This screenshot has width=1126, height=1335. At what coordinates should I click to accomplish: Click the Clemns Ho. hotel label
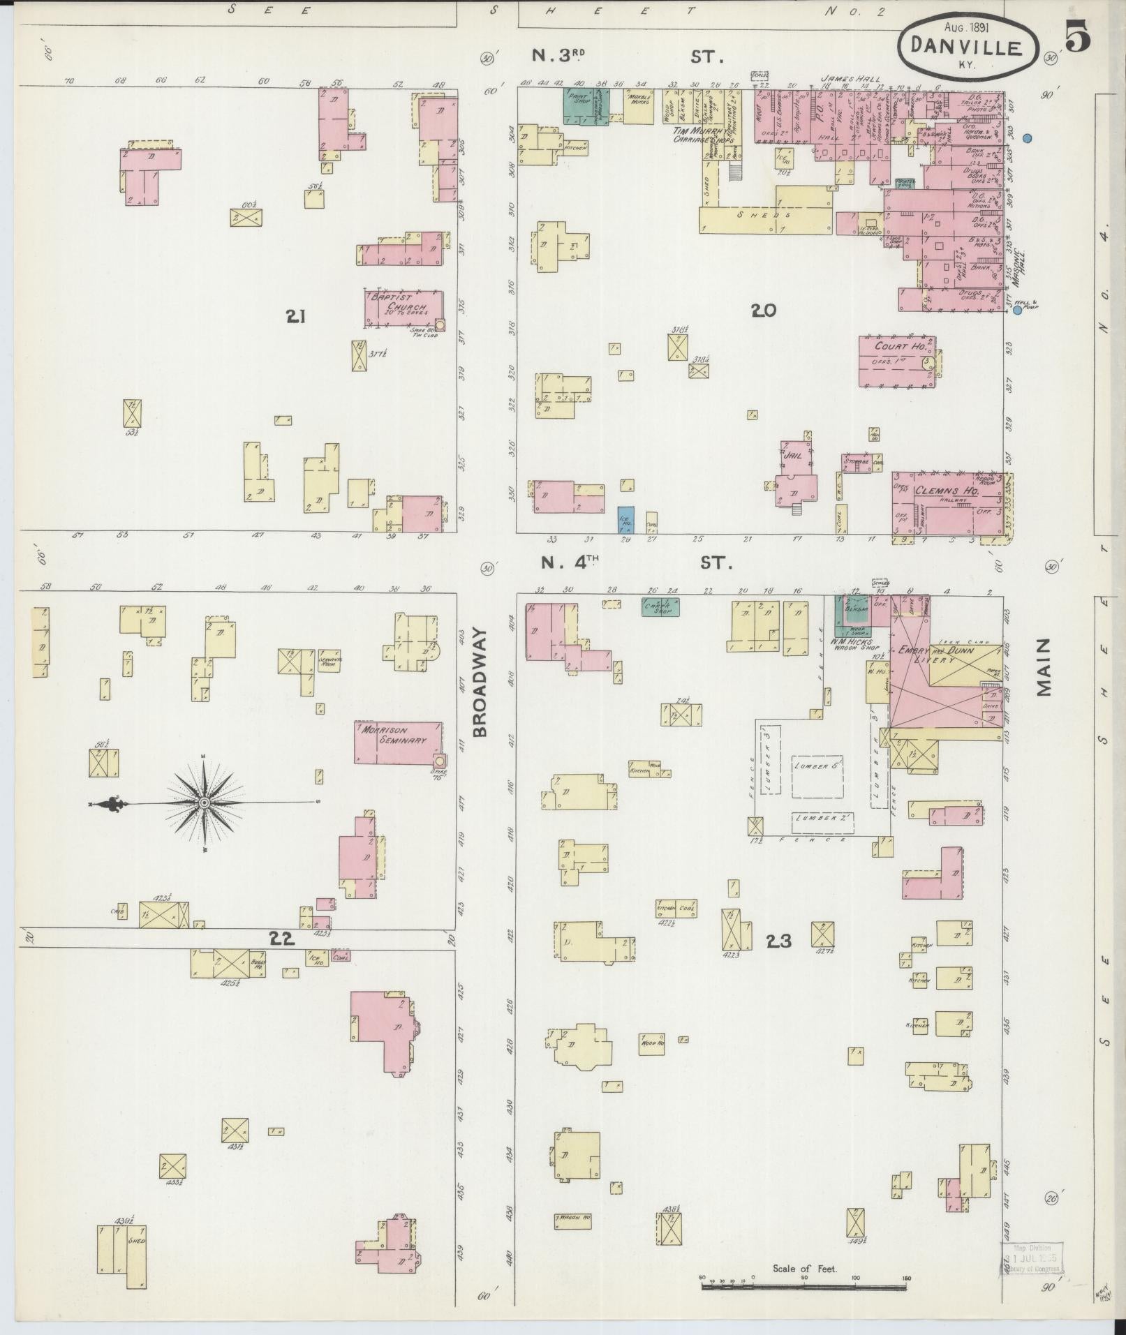947,491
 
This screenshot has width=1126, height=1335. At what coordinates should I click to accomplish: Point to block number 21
296,317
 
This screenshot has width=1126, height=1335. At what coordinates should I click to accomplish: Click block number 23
779,941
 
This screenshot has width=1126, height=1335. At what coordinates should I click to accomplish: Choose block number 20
763,311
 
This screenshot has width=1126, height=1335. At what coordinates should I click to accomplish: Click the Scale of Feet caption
804,1268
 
